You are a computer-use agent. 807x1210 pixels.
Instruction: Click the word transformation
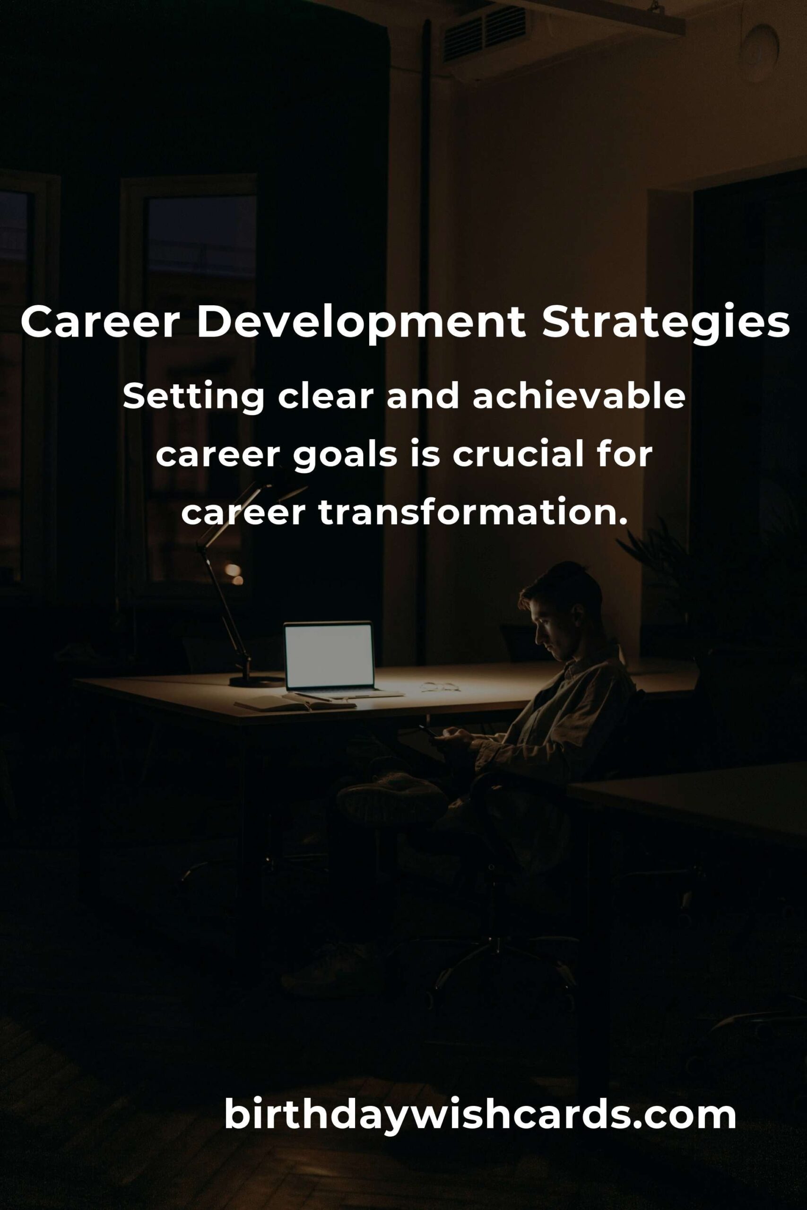[473, 512]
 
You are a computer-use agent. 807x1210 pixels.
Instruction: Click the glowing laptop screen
[329, 657]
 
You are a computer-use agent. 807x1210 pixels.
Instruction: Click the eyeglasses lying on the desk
[440, 686]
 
